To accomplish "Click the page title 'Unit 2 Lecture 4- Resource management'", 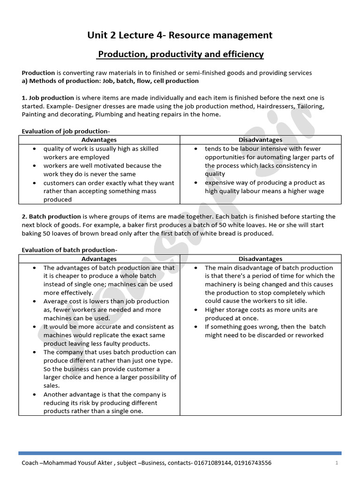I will point(180,35).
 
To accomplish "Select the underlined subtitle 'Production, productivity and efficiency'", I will point(180,54).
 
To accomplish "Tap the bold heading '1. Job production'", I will point(48,98).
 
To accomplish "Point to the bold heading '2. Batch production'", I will point(51,217).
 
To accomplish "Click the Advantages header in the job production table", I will point(99,140).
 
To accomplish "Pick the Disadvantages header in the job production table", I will point(260,140).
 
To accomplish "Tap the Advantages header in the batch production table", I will point(99,259).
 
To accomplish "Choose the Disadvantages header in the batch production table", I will point(260,259).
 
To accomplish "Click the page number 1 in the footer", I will point(337,463).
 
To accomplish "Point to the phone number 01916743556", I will point(253,463).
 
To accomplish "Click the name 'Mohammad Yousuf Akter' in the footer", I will point(73,463).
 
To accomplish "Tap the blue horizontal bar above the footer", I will point(180,453).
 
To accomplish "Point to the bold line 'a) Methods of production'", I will point(110,81).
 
